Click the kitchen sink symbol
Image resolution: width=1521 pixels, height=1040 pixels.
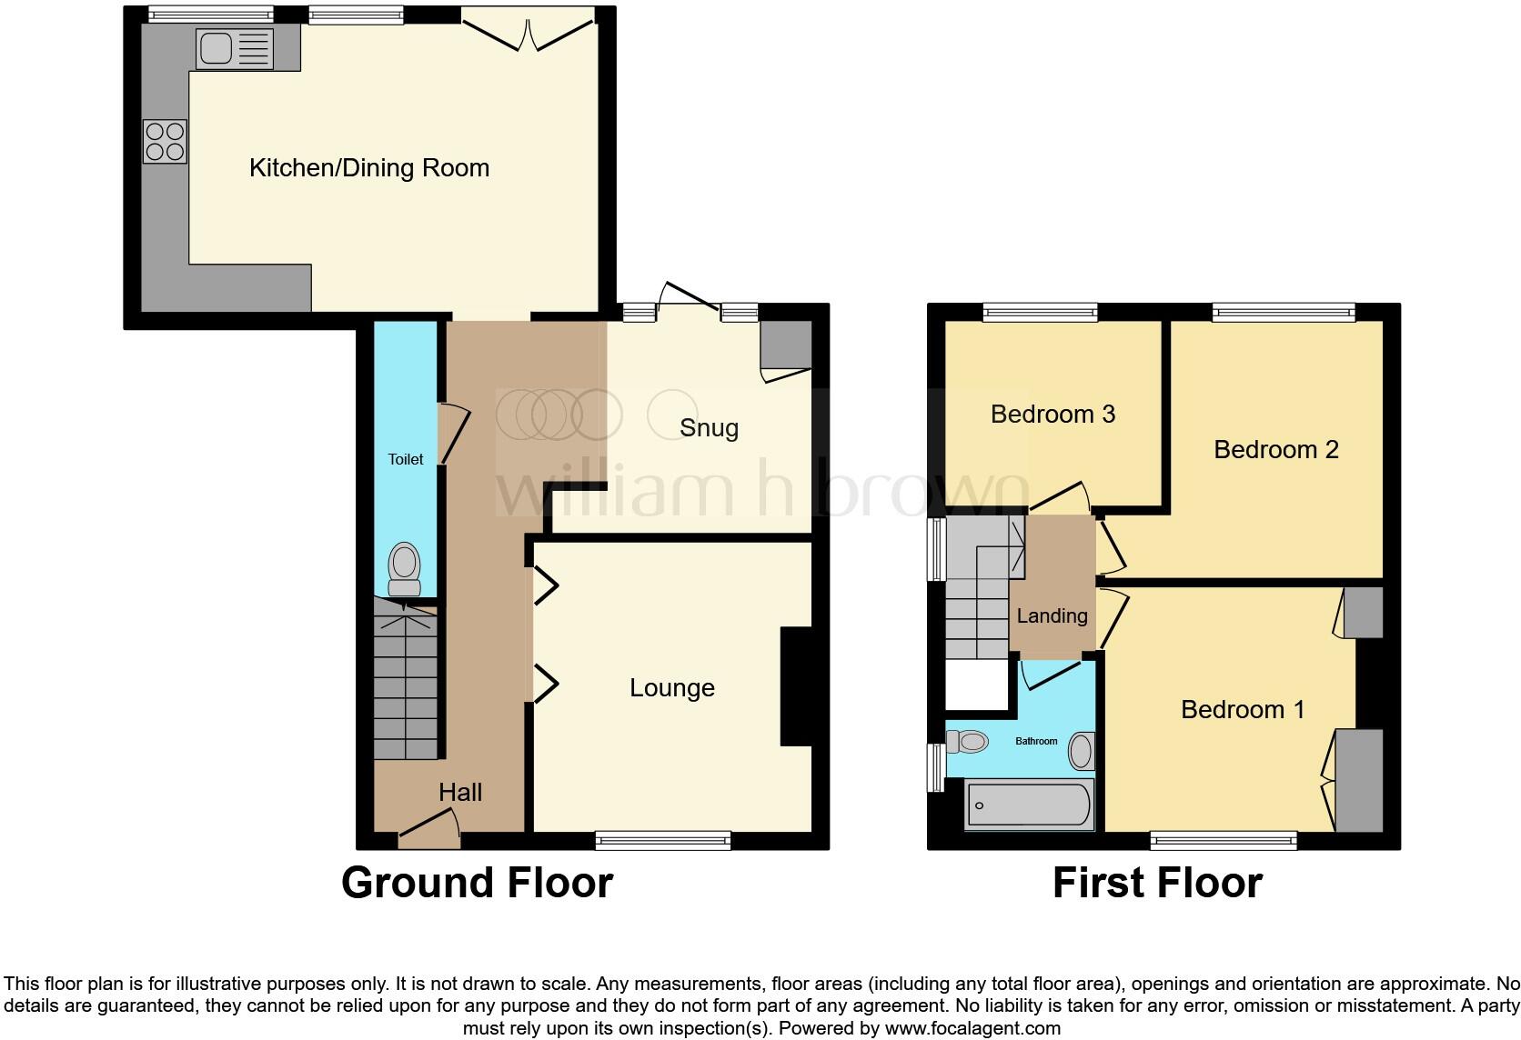coord(235,48)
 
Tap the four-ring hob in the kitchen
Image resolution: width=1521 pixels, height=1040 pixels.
coord(166,142)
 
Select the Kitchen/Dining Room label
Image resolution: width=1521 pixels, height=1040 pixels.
coord(369,168)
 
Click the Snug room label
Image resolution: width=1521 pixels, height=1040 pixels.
coord(709,428)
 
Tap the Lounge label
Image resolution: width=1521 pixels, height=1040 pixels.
coord(671,688)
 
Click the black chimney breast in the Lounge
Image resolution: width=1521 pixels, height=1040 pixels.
coord(795,686)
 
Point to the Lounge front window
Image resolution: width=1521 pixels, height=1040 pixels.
coord(663,840)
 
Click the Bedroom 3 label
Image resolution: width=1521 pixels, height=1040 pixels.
coord(1053,415)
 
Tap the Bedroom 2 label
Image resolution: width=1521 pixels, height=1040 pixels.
coord(1275,450)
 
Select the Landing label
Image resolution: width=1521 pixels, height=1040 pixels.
coord(1052,616)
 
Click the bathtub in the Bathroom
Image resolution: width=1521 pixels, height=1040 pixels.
coord(1029,805)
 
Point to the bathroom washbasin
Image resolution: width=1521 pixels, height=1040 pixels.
coord(1081,752)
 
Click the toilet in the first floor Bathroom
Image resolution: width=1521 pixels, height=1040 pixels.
coord(967,742)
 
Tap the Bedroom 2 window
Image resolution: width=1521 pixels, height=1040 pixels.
coord(1283,313)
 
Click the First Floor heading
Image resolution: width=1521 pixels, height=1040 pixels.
coord(1157,883)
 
